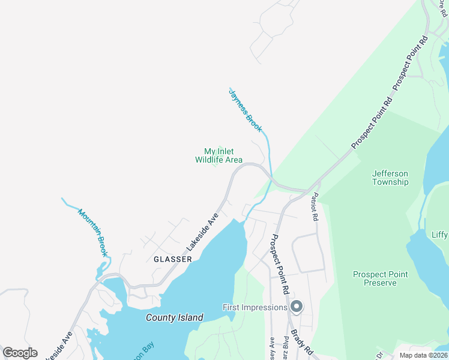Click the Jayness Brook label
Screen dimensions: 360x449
coord(246,110)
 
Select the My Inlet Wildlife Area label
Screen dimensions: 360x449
coord(218,156)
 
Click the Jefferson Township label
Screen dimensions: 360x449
coord(390,178)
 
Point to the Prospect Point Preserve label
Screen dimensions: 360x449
coord(380,278)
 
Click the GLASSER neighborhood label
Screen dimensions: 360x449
coord(172,259)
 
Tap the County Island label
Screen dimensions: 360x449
coord(174,317)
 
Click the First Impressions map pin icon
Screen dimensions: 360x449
coord(296,307)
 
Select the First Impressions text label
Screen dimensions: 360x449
coord(255,307)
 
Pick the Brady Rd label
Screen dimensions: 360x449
coord(303,340)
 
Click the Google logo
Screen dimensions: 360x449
coord(20,353)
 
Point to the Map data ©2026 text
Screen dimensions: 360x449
coord(424,355)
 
